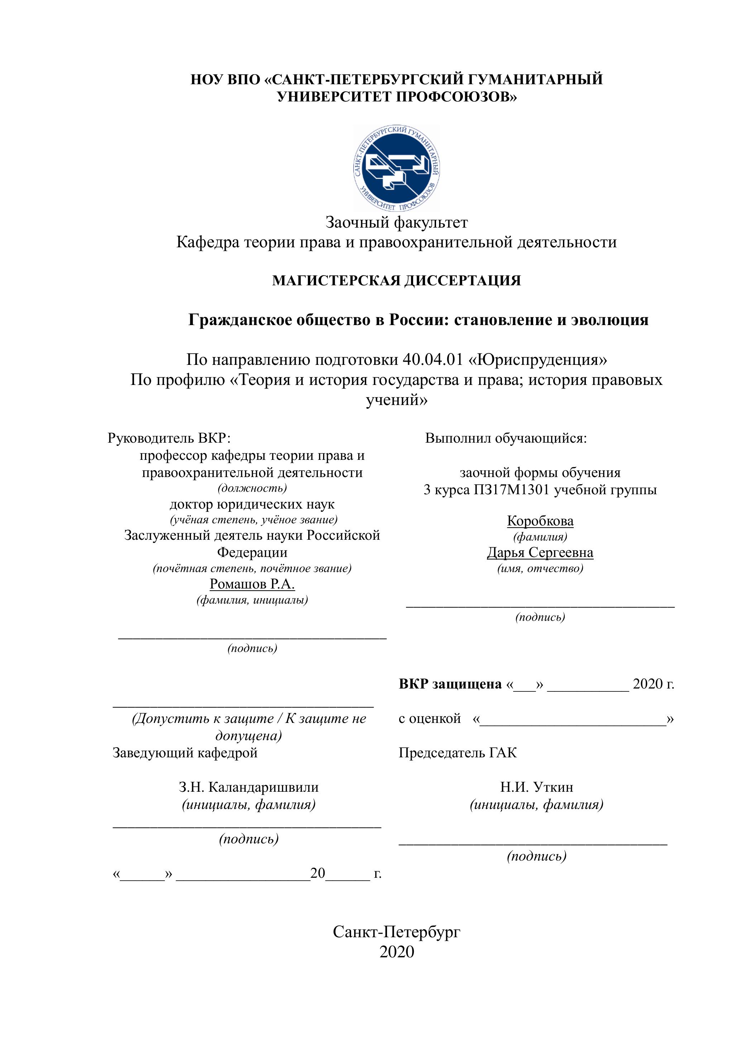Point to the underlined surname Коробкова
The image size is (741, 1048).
(540, 521)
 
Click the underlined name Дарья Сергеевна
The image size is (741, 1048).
(540, 552)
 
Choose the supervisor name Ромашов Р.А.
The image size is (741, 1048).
(252, 584)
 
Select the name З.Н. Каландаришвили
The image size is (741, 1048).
(249, 787)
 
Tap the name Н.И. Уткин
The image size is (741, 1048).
(537, 787)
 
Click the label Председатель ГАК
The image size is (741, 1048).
(458, 752)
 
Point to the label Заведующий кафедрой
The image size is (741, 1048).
(185, 752)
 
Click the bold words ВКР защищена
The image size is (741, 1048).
(450, 684)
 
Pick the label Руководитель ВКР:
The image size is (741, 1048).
(169, 438)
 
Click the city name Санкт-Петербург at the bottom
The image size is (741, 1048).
(397, 932)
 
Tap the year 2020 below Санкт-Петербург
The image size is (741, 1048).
(397, 952)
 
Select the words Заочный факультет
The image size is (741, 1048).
(397, 222)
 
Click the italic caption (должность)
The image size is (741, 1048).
(252, 488)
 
